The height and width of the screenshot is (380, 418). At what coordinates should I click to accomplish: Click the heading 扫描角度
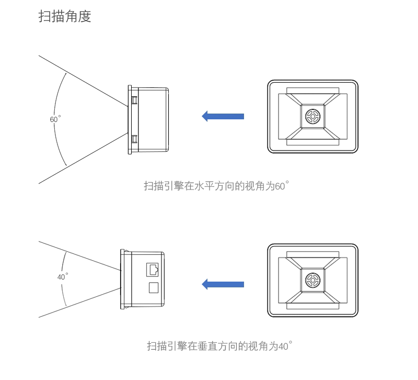click(x=65, y=17)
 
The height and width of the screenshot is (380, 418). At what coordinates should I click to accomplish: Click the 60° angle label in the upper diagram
click(x=55, y=119)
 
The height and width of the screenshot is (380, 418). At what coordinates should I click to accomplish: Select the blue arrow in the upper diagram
click(x=223, y=116)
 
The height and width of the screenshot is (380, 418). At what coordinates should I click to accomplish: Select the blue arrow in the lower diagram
click(x=223, y=284)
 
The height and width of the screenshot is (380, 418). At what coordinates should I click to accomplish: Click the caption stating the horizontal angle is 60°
click(x=216, y=186)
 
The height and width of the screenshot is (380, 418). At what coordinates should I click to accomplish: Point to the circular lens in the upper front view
click(x=312, y=117)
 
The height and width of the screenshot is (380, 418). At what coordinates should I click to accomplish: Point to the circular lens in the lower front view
click(x=312, y=278)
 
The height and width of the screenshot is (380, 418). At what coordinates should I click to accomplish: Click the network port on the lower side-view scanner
click(x=153, y=269)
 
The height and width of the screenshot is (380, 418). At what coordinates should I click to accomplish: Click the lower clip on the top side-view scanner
click(x=134, y=138)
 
